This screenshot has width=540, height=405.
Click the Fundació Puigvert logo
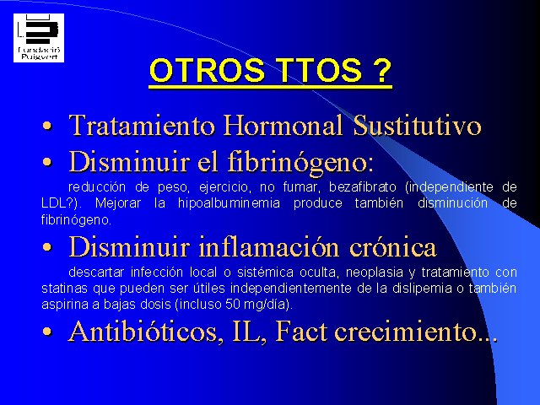click(x=39, y=38)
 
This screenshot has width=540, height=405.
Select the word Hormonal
click(x=283, y=125)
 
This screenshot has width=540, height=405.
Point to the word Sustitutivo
click(x=417, y=125)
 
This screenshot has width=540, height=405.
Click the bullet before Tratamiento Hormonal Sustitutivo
click(x=47, y=126)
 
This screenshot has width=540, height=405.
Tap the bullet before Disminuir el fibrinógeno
click(x=47, y=162)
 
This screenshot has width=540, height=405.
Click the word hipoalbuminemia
click(x=229, y=202)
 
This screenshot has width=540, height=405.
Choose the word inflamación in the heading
click(x=269, y=247)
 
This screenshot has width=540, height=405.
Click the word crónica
click(x=393, y=247)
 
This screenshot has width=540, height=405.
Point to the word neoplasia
click(x=375, y=273)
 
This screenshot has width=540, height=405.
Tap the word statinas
click(x=64, y=289)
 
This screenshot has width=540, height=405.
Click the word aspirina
click(x=65, y=305)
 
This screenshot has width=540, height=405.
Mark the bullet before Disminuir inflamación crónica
click(x=47, y=247)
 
